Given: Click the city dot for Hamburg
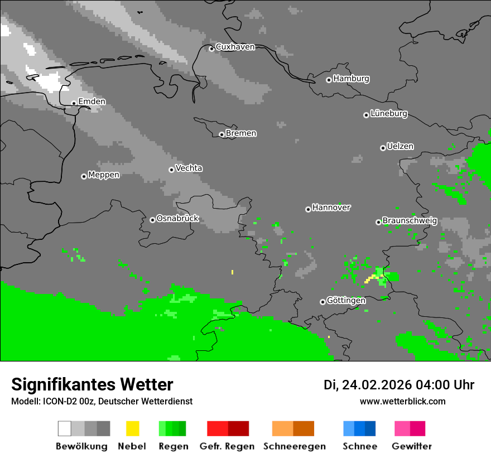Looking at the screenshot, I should pos(329,80).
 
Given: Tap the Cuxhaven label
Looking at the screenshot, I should pos(235,47).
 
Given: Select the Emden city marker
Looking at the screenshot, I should pos(74,103).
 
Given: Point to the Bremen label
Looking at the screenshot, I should pos(241,133).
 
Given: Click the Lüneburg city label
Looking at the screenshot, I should pos(389,114).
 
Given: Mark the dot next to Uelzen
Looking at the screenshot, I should pos(383,148).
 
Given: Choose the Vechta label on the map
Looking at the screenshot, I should pos(189,168).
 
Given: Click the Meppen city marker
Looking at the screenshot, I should pos(84,176).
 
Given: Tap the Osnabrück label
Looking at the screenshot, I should pos(177,219).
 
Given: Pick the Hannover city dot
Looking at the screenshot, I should pos(308,209).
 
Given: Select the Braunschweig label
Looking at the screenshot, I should pos(410,221).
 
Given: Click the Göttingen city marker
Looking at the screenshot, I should pos(322,302).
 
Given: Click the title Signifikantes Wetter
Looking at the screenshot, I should pos(92,385).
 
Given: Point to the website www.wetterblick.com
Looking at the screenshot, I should pos(403,402).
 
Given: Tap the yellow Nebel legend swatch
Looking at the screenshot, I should pos(132,428).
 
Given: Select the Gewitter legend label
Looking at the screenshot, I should pos(412,446).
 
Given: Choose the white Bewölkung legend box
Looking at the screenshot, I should pos(65,428).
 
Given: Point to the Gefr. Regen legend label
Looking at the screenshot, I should pos(227,446).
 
